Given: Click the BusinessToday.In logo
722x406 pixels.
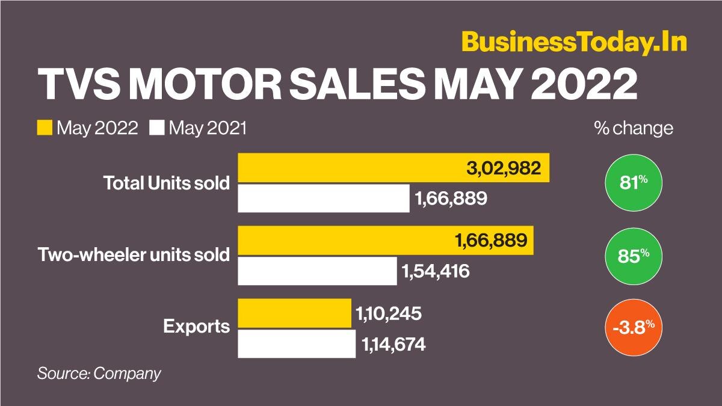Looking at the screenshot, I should tap(574, 43).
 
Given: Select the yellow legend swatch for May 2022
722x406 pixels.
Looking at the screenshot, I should tap(46, 128).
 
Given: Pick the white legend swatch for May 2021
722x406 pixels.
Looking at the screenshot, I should tap(158, 128).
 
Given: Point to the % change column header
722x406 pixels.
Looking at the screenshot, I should tap(633, 128).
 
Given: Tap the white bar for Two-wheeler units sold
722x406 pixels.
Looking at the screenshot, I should tap(318, 271).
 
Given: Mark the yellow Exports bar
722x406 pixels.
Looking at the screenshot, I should tap(295, 313).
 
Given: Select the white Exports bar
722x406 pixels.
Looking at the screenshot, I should tap(297, 343).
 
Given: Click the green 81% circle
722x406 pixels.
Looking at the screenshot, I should tap(633, 182).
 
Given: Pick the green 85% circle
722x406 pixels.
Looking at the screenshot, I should tap(633, 255).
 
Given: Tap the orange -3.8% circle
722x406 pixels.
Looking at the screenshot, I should tap(633, 328).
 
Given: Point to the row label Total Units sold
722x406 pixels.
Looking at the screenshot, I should tap(167, 183).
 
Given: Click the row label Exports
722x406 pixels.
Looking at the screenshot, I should tap(196, 327).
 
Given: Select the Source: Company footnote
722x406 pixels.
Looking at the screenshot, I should tap(99, 373).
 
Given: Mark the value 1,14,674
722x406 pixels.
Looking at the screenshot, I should tap(394, 345).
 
